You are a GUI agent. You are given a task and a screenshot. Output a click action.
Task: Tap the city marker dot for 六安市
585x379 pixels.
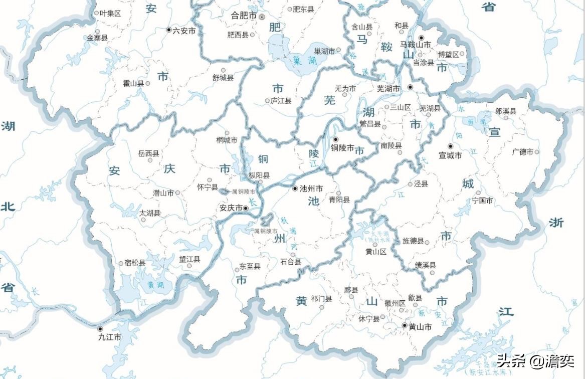click(x=169, y=30)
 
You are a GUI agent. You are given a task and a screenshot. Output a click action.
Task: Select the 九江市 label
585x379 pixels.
click(x=110, y=337)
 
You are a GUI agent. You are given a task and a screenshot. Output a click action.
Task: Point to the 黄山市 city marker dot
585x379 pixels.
click(x=405, y=325)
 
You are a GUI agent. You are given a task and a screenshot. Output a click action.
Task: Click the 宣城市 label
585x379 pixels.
click(x=450, y=155)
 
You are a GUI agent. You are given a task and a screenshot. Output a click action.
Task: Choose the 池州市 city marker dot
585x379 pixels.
click(x=295, y=188)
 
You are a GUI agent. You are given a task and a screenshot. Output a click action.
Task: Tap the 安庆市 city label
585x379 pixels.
click(x=231, y=208)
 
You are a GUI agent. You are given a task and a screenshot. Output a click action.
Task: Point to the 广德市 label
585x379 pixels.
click(x=522, y=151)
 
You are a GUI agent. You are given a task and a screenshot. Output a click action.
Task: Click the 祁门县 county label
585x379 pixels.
click(x=321, y=299)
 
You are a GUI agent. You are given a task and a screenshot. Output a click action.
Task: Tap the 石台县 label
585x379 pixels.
click(x=290, y=262)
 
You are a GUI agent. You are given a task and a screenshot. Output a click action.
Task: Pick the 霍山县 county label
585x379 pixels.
click(x=133, y=83)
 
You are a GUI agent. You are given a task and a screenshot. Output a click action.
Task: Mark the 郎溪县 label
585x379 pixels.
click(x=505, y=111)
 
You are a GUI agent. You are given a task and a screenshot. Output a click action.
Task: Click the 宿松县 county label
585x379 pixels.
click(x=135, y=263)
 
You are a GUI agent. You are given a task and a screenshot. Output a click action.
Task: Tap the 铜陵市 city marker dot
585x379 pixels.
click(x=335, y=138)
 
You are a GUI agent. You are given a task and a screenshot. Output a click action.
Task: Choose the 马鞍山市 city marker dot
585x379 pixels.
click(x=422, y=38)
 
